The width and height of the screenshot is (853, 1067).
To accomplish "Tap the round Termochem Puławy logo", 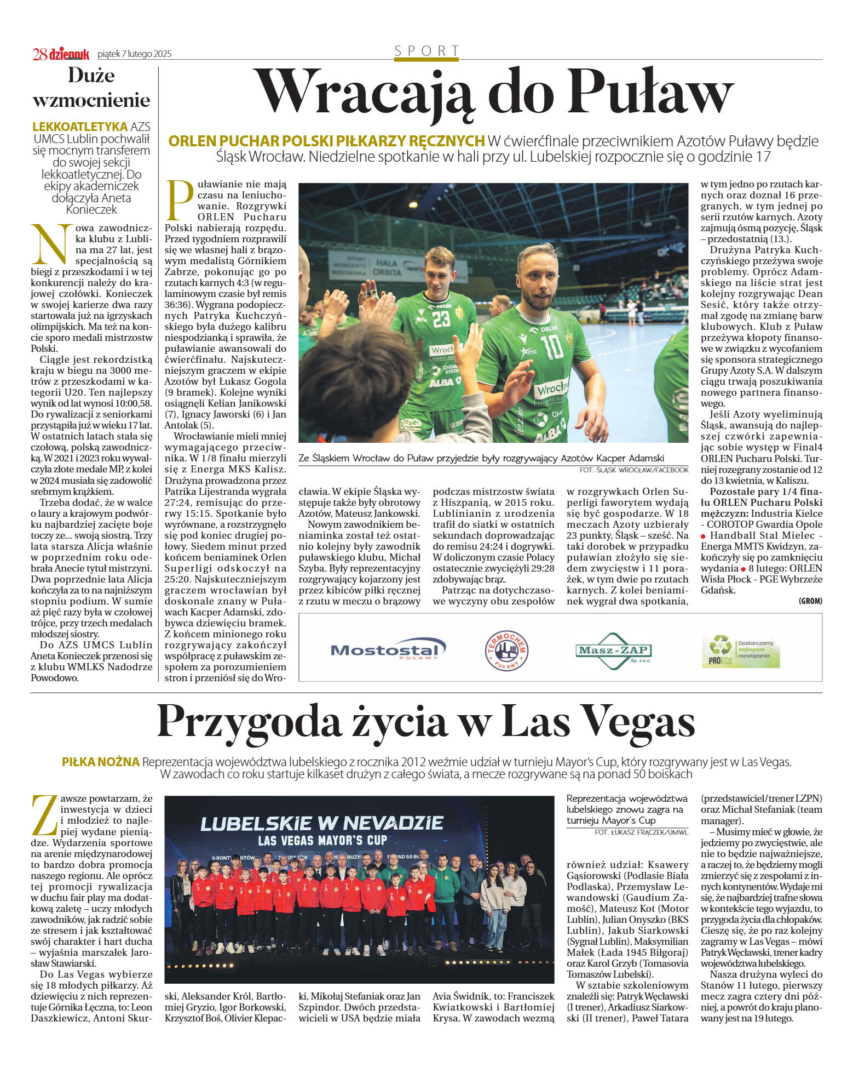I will tap(506, 650).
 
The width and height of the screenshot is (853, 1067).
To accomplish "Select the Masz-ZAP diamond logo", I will tap(613, 651).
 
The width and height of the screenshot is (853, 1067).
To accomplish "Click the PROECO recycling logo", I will tap(740, 651).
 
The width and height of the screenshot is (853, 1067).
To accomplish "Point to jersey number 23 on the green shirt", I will tap(441, 319).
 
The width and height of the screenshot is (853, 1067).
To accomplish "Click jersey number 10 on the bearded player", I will tap(551, 347).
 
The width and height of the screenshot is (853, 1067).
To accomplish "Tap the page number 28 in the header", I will tap(39, 54).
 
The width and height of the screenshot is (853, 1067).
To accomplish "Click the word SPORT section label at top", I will tap(427, 51).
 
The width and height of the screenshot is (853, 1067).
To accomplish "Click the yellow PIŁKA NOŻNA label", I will tap(100, 762).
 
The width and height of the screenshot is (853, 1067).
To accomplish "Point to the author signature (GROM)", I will tap(810, 601).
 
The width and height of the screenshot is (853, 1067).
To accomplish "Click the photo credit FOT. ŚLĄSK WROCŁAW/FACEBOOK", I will tap(633, 470).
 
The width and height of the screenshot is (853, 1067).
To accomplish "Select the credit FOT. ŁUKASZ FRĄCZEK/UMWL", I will tap(641, 832).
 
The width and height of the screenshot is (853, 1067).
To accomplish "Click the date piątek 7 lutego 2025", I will tap(134, 54).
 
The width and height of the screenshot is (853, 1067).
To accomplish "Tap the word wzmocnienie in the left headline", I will tap(91, 100).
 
